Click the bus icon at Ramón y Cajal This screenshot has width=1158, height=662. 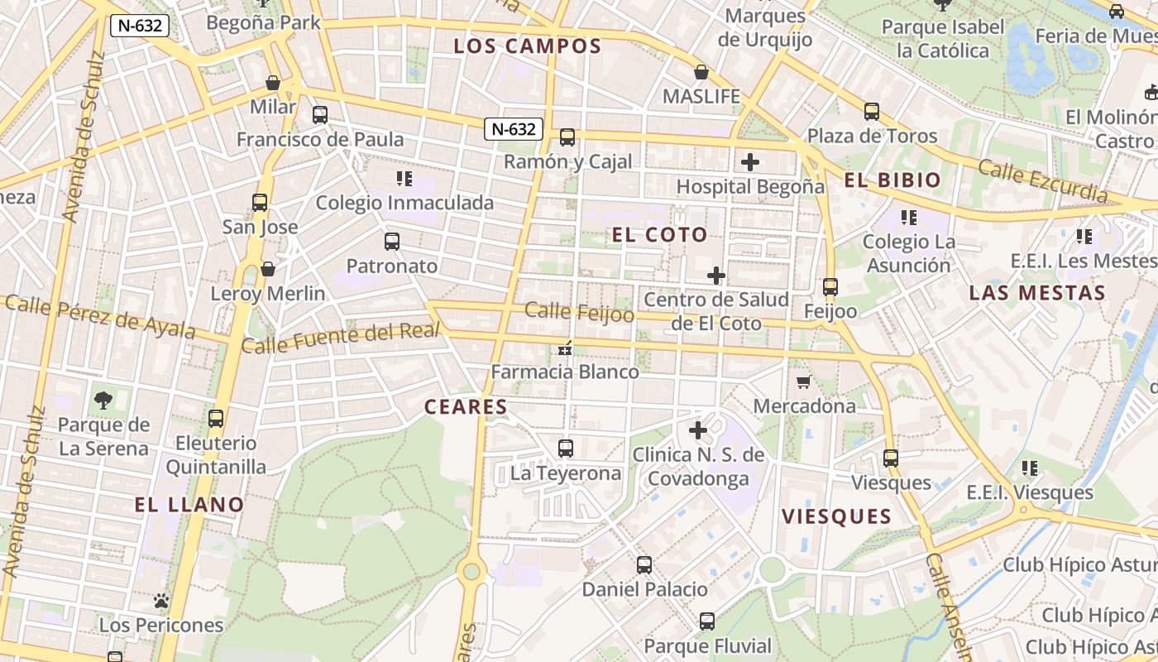click(567, 137)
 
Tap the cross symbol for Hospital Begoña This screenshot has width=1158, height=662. click(749, 162)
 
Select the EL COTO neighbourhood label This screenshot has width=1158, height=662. click(659, 235)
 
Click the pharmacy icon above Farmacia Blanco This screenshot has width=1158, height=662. click(566, 349)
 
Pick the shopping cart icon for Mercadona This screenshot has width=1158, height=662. click(803, 382)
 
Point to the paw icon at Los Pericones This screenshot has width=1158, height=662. click(161, 601)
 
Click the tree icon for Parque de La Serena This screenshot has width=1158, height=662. click(103, 401)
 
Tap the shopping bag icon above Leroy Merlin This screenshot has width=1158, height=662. click(268, 269)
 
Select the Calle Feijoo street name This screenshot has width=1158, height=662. click(580, 313)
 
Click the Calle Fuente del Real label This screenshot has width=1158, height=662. click(340, 337)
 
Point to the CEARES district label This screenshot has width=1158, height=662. click(466, 407)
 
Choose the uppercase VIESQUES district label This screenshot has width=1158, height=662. click(836, 517)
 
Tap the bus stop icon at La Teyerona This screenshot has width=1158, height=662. click(566, 449)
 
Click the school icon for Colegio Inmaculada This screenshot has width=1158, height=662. click(404, 178)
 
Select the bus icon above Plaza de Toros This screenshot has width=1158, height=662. click(871, 112)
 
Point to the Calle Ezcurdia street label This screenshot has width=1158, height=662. click(1042, 181)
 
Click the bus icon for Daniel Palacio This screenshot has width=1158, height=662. click(644, 565)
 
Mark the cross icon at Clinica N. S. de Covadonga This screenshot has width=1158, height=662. click(698, 430)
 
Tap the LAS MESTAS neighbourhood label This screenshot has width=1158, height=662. click(1036, 293)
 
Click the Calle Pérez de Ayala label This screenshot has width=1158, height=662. click(100, 316)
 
